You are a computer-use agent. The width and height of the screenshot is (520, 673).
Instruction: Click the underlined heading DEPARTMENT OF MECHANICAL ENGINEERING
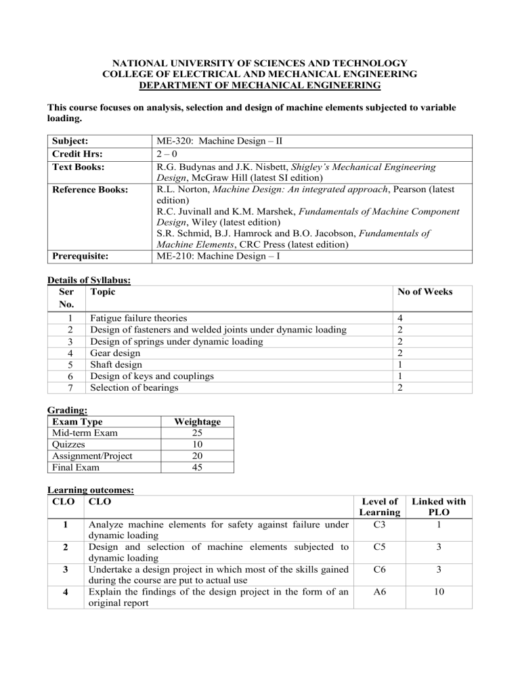[259, 85]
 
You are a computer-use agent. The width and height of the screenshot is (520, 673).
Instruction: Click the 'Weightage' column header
[196, 422]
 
